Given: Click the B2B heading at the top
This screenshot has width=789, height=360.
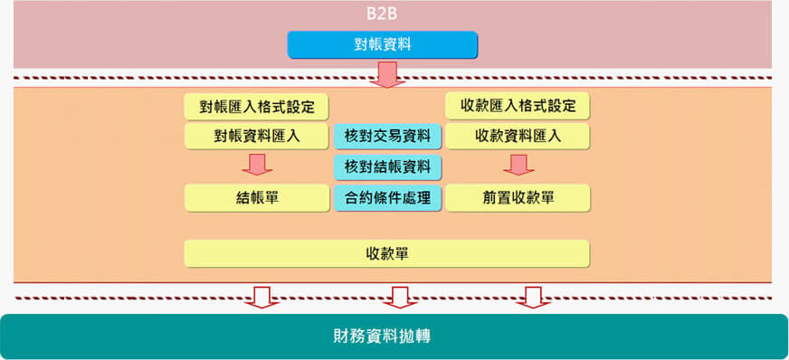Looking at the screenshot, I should pyautogui.click(x=382, y=15).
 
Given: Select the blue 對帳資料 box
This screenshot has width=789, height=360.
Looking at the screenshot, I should pyautogui.click(x=382, y=44).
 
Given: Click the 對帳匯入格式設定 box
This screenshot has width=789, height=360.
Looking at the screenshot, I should pyautogui.click(x=256, y=106).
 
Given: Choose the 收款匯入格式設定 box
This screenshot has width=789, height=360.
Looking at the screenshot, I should pyautogui.click(x=518, y=106).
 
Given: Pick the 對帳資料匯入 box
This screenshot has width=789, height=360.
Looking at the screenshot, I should pyautogui.click(x=256, y=137).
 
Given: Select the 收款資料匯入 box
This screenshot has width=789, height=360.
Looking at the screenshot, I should pyautogui.click(x=518, y=137).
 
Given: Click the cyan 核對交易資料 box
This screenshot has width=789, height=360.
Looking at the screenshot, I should pyautogui.click(x=387, y=137).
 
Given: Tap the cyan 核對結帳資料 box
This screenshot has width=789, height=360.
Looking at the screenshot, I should pyautogui.click(x=387, y=166).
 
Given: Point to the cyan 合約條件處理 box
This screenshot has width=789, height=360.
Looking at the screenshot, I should pyautogui.click(x=387, y=197).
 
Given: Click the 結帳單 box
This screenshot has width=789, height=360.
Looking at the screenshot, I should pyautogui.click(x=256, y=197).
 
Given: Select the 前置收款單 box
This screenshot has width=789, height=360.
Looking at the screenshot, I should pyautogui.click(x=518, y=197).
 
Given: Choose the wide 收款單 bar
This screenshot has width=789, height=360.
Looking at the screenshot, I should pyautogui.click(x=386, y=253).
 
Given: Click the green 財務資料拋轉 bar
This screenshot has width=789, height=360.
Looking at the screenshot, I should pyautogui.click(x=394, y=336).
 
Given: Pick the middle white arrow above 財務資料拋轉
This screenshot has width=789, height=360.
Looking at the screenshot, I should pyautogui.click(x=396, y=297).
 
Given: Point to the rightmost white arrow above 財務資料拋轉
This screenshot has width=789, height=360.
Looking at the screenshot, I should pyautogui.click(x=533, y=297).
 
